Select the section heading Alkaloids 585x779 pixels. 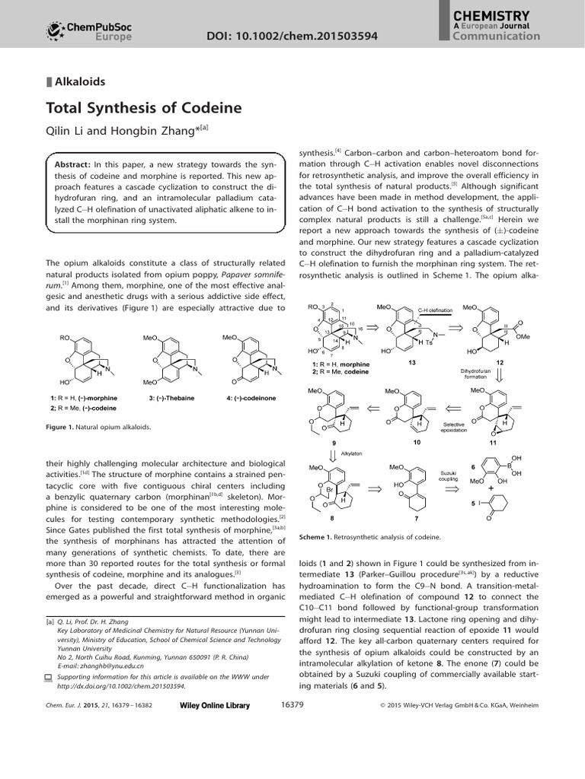[79, 80]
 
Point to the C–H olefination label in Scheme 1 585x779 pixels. [436, 310]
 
